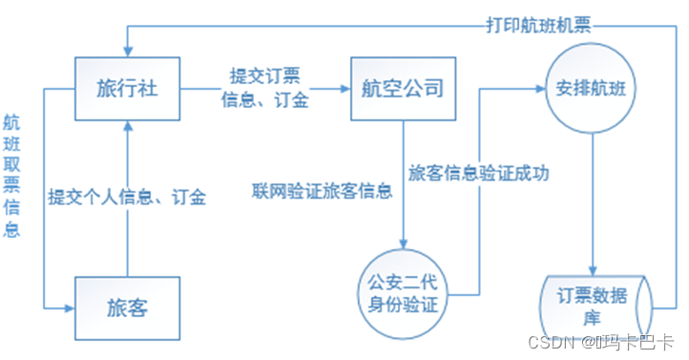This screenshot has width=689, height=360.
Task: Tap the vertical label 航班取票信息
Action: click(x=12, y=177)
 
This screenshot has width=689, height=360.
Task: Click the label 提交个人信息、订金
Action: click(x=127, y=198)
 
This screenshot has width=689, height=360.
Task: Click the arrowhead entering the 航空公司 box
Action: click(x=344, y=91)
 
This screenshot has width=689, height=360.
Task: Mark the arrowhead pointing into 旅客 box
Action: click(x=71, y=308)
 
